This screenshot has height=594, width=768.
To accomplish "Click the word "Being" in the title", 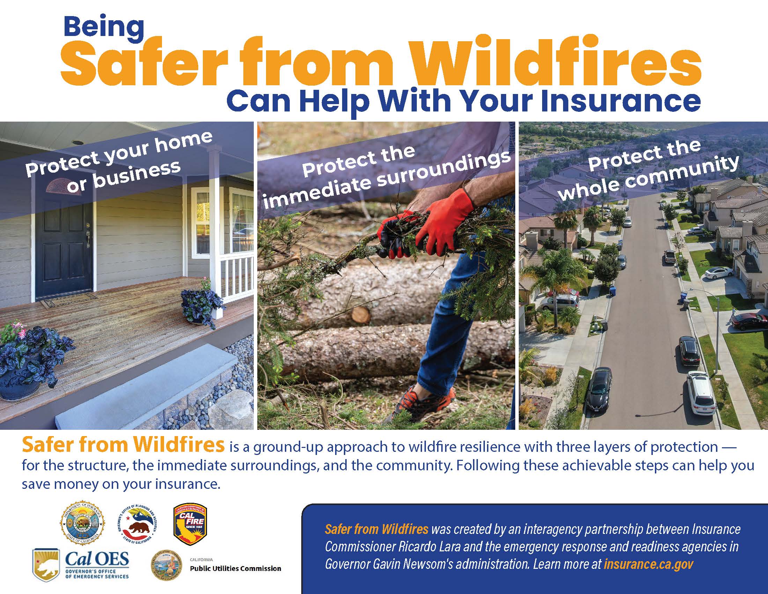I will [104, 28].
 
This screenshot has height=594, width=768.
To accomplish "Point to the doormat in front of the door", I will [69, 303].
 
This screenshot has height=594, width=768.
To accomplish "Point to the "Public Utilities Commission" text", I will [236, 568].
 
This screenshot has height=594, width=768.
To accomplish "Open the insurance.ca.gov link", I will [649, 564].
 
